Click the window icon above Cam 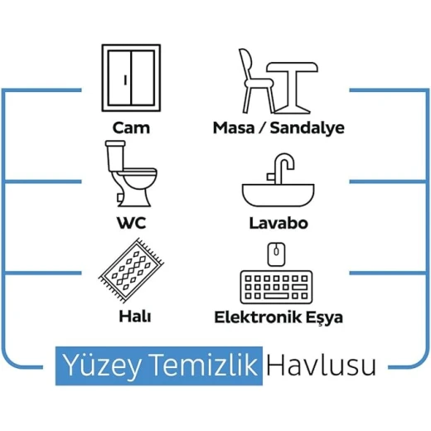(131, 78)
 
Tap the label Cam (131, 128)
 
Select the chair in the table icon (256, 80)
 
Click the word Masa (234, 128)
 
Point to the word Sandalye (308, 128)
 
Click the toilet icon (131, 173)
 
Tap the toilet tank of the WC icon (116, 156)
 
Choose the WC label (131, 223)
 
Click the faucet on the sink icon (281, 168)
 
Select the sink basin (278, 196)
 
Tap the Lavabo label (278, 223)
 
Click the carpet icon (131, 270)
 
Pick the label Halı (135, 317)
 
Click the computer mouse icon (276, 254)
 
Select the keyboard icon (276, 287)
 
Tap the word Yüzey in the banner (102, 366)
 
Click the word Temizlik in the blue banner (205, 364)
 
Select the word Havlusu (321, 365)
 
